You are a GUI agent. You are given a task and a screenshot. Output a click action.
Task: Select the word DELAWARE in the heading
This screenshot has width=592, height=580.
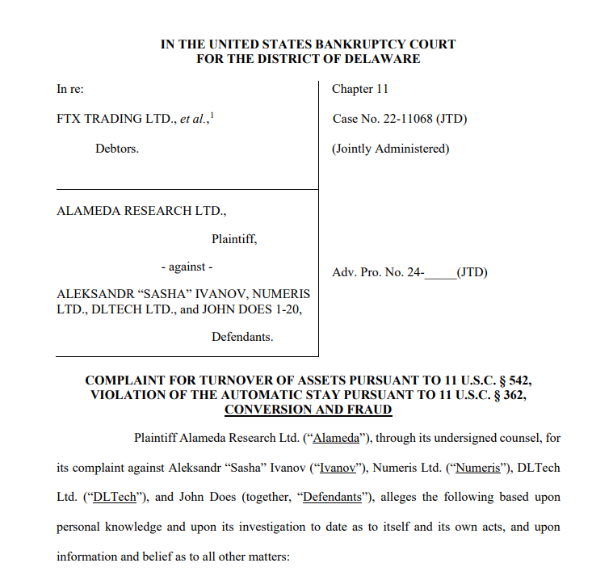[381, 59]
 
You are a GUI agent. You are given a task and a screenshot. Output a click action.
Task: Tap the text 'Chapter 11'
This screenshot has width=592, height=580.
[359, 89]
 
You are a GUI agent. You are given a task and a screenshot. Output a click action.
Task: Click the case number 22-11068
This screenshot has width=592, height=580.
[406, 119]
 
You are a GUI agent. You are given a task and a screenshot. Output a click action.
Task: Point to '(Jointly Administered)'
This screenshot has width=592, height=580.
[390, 149]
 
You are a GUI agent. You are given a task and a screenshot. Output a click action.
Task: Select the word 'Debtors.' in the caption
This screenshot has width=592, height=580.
[117, 149]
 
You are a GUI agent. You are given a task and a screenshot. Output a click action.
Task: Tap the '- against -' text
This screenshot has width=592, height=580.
[187, 267]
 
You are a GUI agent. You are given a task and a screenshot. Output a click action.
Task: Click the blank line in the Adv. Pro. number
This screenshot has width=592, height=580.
[440, 272]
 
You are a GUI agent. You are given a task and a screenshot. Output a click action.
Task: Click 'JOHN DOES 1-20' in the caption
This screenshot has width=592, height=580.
[262, 309]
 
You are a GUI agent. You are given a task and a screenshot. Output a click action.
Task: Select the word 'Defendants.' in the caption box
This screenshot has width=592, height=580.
[242, 337]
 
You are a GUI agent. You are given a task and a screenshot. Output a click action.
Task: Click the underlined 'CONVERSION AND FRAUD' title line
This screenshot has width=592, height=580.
[308, 410]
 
